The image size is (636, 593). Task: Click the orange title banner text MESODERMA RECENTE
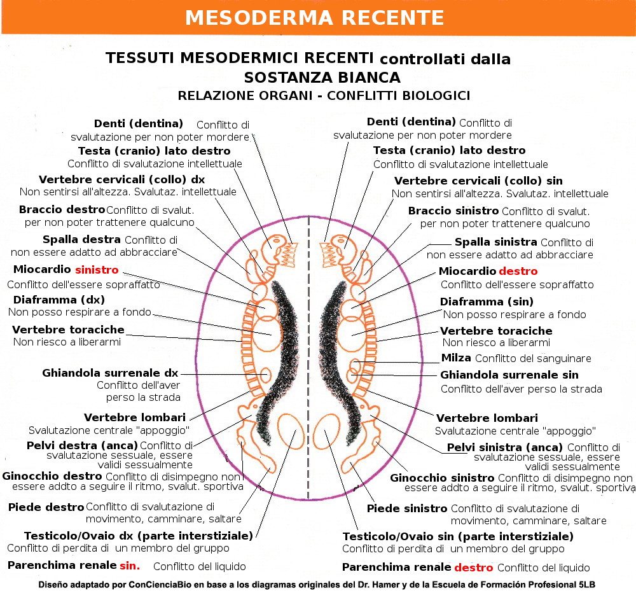click(314, 18)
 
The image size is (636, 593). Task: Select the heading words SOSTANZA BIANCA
click(322, 78)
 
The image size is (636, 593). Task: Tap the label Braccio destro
click(62, 209)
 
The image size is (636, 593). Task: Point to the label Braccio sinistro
click(453, 211)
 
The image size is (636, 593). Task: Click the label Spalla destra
click(81, 240)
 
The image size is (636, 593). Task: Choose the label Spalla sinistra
click(495, 242)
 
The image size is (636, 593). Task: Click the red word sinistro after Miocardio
click(96, 270)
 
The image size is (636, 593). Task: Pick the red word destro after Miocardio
click(518, 271)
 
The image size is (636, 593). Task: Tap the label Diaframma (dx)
click(59, 300)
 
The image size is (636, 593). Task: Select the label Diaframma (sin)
click(487, 302)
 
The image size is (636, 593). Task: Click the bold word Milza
click(456, 358)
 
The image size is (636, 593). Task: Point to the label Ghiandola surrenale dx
click(110, 373)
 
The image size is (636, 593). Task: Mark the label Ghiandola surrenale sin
click(509, 375)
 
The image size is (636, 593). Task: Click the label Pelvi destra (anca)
click(82, 445)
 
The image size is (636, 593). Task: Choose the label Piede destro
click(46, 507)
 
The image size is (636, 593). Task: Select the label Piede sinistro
click(407, 508)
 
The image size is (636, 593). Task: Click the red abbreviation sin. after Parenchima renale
click(130, 565)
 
